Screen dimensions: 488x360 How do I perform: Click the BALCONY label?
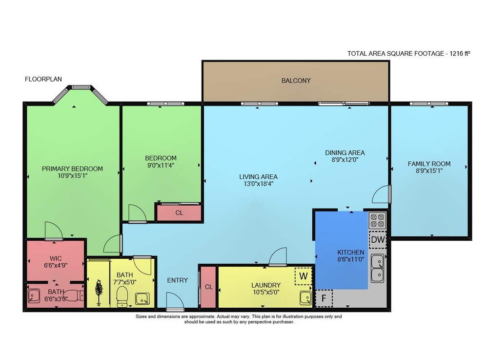[x=296, y=81]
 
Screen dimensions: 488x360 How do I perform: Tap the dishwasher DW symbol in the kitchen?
[x=378, y=240]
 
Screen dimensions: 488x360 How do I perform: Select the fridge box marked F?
[x=324, y=298]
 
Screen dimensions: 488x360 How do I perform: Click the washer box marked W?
[x=304, y=276]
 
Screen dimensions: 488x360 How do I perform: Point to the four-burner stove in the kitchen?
[x=378, y=220]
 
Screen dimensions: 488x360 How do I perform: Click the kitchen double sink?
[x=377, y=268]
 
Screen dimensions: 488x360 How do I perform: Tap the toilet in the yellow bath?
[x=122, y=296]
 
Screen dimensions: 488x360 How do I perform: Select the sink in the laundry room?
[x=305, y=298]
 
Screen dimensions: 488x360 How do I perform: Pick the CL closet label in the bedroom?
[x=179, y=213]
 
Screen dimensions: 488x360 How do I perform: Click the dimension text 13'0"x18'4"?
[x=258, y=184]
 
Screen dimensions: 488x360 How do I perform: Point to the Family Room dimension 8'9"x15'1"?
[x=429, y=170]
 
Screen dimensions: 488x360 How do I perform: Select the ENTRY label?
[x=178, y=280]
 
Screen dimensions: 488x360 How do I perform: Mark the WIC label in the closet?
[x=56, y=258]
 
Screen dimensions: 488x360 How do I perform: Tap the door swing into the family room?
[x=381, y=194]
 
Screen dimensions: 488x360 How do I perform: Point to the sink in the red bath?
[x=34, y=296]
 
